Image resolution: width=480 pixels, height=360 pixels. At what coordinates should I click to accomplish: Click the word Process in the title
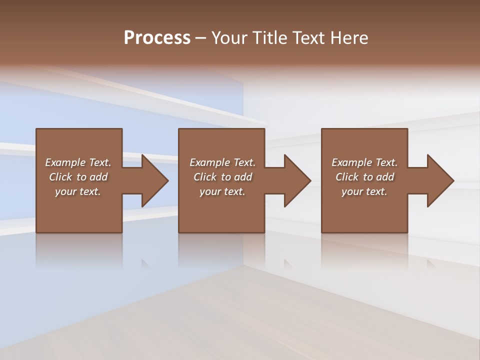[x=157, y=38]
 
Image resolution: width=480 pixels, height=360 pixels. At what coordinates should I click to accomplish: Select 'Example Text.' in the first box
[x=78, y=162]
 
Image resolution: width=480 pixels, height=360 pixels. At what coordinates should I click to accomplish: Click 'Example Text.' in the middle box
[x=222, y=162]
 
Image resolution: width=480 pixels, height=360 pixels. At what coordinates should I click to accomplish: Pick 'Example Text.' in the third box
[x=364, y=162]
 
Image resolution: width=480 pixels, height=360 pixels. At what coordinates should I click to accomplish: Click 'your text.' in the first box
[x=78, y=191]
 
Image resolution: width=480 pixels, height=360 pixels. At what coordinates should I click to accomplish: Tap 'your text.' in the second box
[x=222, y=191]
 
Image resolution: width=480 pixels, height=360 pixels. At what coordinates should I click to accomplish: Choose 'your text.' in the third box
[x=364, y=191]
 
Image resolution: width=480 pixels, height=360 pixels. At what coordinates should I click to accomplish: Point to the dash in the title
[x=201, y=38]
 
